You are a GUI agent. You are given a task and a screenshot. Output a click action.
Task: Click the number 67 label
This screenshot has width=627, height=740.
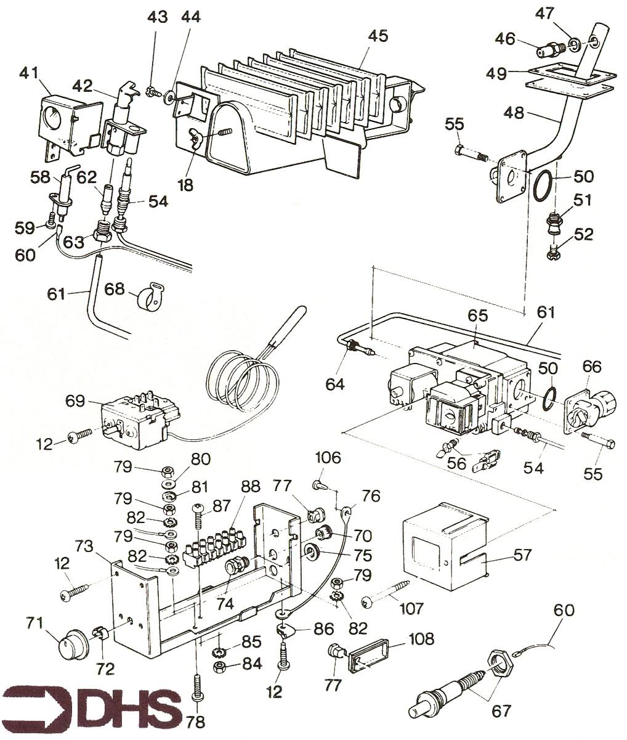(x=501, y=712)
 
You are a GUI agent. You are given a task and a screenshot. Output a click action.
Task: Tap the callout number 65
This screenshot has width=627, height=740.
(x=477, y=316)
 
